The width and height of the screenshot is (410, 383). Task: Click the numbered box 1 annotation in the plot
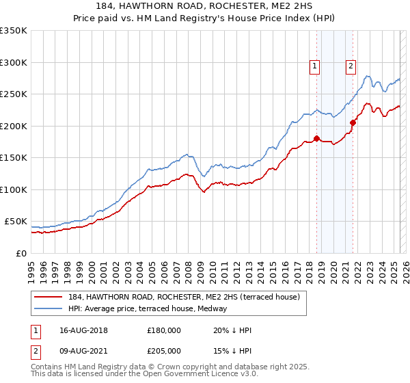[x=314, y=66]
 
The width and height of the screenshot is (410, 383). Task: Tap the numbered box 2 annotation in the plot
[x=351, y=66]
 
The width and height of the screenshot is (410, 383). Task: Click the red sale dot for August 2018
[x=316, y=138]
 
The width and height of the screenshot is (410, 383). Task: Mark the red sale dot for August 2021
[x=353, y=122]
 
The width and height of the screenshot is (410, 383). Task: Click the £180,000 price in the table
[x=164, y=330]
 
